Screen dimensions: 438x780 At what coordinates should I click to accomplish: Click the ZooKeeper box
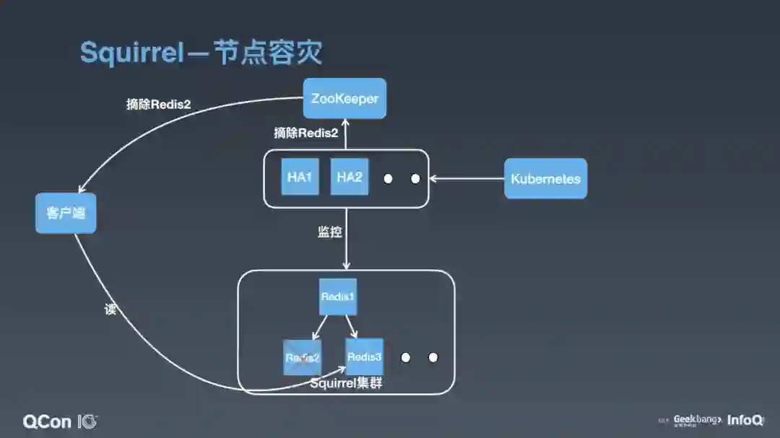(344, 98)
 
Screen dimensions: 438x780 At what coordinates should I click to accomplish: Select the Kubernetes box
(545, 178)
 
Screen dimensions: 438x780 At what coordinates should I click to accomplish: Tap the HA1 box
(299, 177)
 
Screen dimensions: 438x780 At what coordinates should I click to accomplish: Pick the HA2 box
(349, 177)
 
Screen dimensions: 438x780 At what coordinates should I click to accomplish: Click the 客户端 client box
(66, 213)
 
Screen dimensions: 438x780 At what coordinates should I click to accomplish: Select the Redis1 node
(338, 297)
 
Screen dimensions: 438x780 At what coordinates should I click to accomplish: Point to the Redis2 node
(302, 357)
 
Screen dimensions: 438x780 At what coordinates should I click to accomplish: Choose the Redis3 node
(364, 356)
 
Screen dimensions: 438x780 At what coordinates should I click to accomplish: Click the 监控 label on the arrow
(330, 232)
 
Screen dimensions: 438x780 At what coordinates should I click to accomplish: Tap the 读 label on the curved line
(110, 310)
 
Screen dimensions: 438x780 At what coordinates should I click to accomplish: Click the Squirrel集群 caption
(346, 383)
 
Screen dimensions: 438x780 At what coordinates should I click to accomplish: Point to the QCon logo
(60, 421)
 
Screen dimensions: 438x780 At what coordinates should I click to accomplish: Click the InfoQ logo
(745, 420)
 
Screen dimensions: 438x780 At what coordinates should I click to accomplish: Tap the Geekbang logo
(696, 420)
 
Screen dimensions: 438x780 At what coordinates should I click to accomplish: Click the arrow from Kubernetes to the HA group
(467, 178)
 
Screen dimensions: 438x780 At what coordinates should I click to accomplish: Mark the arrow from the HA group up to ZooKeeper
(346, 134)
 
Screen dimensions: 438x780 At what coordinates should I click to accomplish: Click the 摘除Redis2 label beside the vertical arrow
(305, 133)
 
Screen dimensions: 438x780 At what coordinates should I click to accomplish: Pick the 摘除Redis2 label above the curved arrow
(158, 104)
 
